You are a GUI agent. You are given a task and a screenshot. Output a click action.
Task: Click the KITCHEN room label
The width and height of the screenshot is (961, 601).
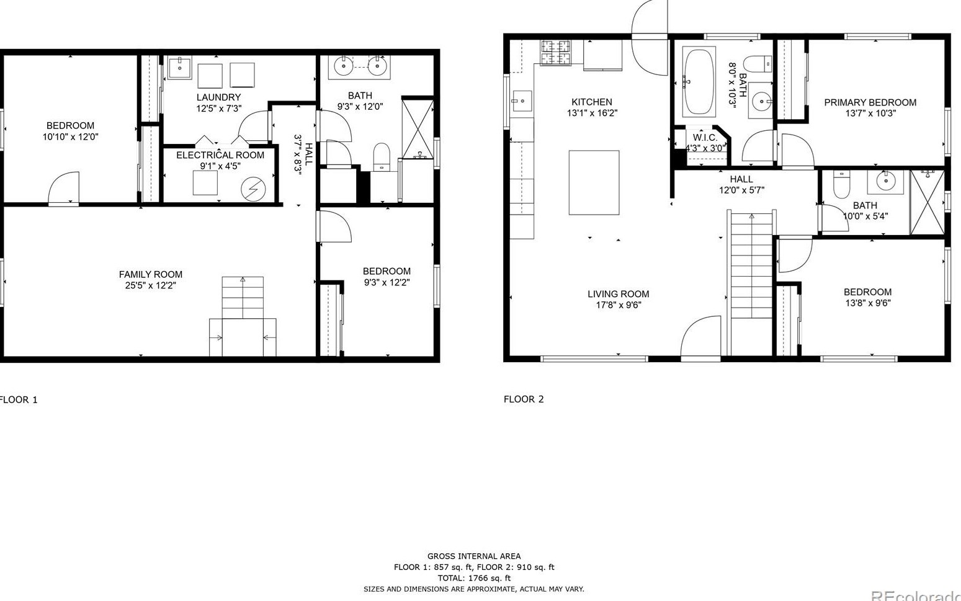tap(591, 102)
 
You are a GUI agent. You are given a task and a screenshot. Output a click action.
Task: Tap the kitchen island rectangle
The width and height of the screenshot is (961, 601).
tap(594, 182)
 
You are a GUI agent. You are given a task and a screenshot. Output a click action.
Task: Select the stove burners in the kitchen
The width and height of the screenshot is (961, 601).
tap(555, 52)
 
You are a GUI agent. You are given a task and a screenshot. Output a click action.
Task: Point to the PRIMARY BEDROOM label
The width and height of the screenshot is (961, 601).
tap(870, 102)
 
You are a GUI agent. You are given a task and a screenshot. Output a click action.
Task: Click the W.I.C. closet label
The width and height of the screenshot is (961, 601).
tap(705, 138)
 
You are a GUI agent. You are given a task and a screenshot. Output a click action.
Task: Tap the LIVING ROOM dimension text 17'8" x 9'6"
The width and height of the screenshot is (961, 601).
tap(619, 305)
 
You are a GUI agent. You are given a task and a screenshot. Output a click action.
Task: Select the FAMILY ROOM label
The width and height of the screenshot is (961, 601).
tap(151, 274)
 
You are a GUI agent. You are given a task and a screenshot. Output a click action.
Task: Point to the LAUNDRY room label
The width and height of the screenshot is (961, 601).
tap(218, 97)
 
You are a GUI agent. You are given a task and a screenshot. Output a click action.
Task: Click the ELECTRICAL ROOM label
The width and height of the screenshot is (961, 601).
tap(220, 155)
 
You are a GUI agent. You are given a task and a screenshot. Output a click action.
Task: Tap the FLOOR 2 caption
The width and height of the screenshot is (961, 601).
tap(524, 399)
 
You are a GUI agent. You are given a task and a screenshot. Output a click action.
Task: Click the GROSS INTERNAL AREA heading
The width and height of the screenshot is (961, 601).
tap(474, 556)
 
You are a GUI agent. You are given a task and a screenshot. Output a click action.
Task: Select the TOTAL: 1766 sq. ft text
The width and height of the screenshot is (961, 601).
tap(474, 578)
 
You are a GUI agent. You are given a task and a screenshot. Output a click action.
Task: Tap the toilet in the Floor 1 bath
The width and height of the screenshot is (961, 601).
tap(381, 156)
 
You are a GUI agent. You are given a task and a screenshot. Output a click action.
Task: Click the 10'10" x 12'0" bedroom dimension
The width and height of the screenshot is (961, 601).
tap(70, 136)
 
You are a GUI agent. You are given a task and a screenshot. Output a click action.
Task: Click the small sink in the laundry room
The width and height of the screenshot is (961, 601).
tap(179, 67)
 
